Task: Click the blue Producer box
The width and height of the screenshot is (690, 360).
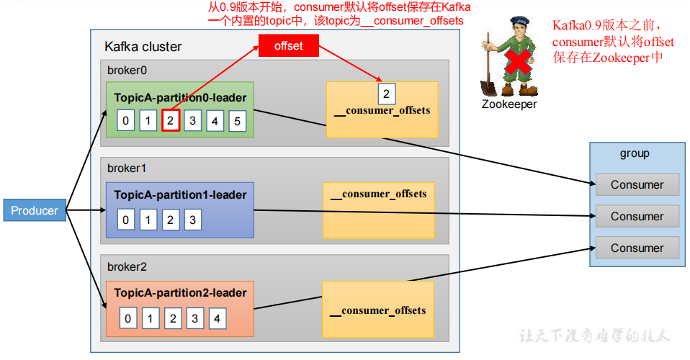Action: pyautogui.click(x=35, y=211)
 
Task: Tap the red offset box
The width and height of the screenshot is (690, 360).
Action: pyautogui.click(x=288, y=46)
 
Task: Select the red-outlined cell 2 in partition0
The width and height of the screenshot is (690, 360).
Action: pyautogui.click(x=170, y=120)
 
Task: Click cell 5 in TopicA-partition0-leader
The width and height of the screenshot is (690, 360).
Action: pyautogui.click(x=237, y=120)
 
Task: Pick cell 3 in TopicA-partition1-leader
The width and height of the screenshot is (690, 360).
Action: pyautogui.click(x=192, y=220)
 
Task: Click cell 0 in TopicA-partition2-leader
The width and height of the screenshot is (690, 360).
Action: pyautogui.click(x=127, y=318)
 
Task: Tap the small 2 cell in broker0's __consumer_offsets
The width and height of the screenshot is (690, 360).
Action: pyautogui.click(x=386, y=94)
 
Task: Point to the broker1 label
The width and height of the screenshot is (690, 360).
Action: pyautogui.click(x=127, y=168)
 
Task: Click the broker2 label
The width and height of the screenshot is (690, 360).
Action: pyautogui.click(x=127, y=266)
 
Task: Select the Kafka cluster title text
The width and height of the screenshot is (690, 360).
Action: pyautogui.click(x=143, y=47)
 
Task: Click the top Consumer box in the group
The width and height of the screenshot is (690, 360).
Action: pyautogui.click(x=637, y=185)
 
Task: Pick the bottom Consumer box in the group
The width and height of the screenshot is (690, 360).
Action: pyautogui.click(x=637, y=248)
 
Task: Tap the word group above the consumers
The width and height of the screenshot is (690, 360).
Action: pyautogui.click(x=635, y=153)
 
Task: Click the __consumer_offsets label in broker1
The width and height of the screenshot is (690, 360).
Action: pyautogui.click(x=379, y=194)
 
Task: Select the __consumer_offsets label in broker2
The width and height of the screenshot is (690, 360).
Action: pyautogui.click(x=378, y=311)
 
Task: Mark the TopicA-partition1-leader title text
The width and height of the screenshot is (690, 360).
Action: pyautogui.click(x=180, y=195)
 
